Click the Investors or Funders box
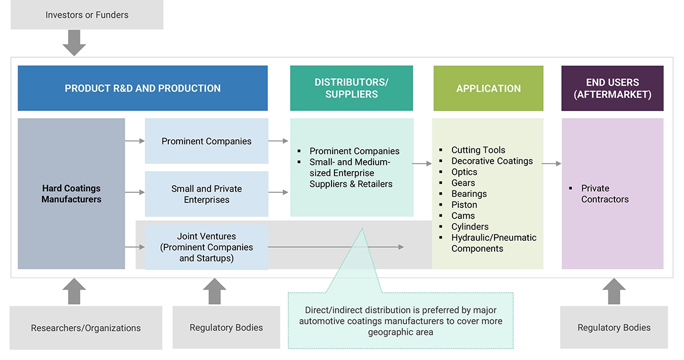coord(87,15)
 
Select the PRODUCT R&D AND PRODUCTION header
coord(143,88)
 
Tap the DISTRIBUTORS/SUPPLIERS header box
coord(351,88)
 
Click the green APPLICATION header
coord(488,88)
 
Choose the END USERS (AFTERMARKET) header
coord(612,88)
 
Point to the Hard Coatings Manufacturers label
coord(71,193)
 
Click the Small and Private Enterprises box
coord(206,194)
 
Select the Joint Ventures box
coord(206,247)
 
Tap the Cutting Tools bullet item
coord(478,150)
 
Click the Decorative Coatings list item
coord(492,161)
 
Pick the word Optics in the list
coord(464,172)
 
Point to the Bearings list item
coord(469,194)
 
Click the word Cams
coord(463,216)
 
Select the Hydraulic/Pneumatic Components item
coord(493,243)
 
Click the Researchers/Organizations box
coord(86,328)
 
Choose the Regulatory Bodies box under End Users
coord(614,327)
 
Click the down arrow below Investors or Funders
coord(74,43)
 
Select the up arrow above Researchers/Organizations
coord(74,291)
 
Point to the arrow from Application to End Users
coord(551,164)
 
